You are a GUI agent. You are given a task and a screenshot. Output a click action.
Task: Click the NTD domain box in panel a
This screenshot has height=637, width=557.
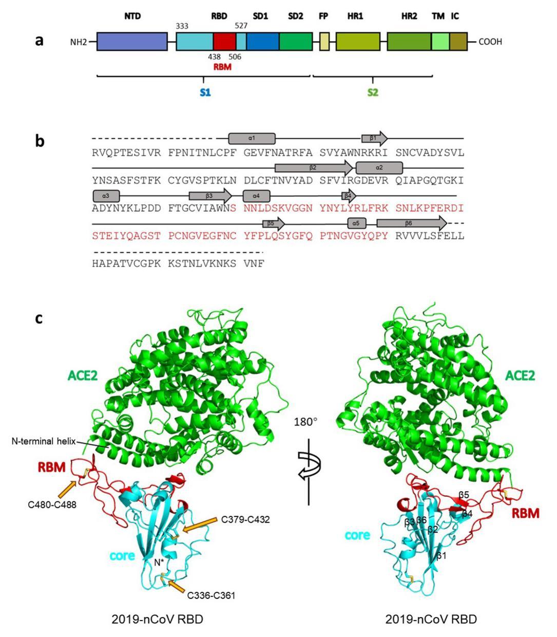click(132, 41)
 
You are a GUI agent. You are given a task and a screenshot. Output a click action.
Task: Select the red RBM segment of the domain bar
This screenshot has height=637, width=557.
click(224, 41)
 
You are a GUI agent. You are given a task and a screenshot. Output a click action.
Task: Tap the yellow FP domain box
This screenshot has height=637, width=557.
click(324, 41)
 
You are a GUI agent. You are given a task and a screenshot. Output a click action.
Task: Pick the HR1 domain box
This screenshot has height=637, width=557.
click(358, 41)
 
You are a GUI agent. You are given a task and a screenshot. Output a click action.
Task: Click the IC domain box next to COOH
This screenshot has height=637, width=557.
click(458, 41)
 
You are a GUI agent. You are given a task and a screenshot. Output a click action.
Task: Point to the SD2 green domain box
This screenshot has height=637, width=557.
click(296, 41)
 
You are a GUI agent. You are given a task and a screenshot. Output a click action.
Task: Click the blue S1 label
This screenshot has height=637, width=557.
click(205, 93)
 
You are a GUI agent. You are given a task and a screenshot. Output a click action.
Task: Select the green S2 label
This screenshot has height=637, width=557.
click(373, 93)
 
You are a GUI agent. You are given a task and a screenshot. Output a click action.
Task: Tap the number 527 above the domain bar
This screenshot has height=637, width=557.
click(242, 26)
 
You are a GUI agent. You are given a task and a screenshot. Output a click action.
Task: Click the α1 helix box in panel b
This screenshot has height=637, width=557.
click(252, 139)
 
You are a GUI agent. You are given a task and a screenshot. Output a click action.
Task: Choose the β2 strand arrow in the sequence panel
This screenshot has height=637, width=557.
click(313, 167)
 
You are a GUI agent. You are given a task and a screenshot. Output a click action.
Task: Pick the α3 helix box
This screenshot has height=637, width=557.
click(106, 196)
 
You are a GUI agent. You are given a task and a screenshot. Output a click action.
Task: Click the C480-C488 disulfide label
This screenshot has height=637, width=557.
click(52, 505)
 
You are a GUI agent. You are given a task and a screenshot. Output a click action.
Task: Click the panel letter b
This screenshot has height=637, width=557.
click(41, 141)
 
